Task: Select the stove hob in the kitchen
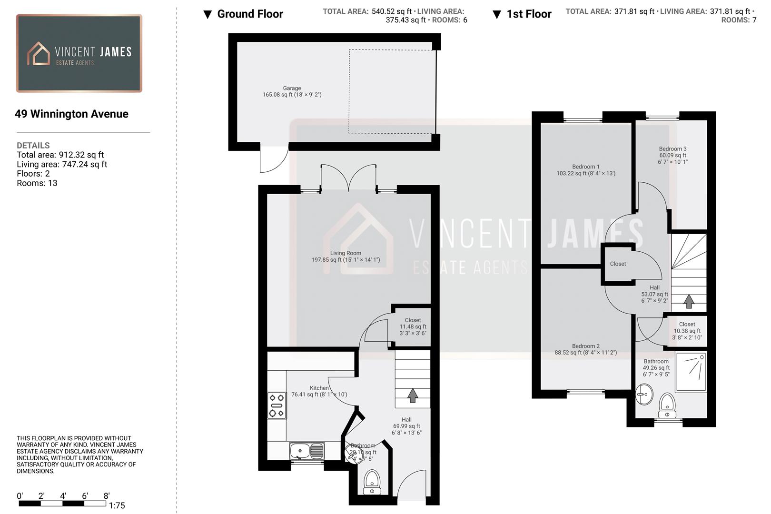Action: [x=277, y=405]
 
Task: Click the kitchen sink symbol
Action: [x=307, y=450]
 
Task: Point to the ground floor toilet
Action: [x=372, y=482]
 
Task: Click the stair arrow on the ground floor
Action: [x=413, y=395]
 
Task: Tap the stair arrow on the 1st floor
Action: [x=689, y=301]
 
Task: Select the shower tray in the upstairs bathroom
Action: [x=690, y=371]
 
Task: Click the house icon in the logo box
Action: [x=39, y=53]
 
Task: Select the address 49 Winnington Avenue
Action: [x=71, y=114]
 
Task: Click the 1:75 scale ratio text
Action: [x=117, y=505]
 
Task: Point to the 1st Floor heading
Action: [x=528, y=14]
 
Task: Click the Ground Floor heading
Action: [x=250, y=14]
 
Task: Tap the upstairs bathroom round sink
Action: [x=644, y=395]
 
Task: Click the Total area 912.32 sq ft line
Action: [x=60, y=155]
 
